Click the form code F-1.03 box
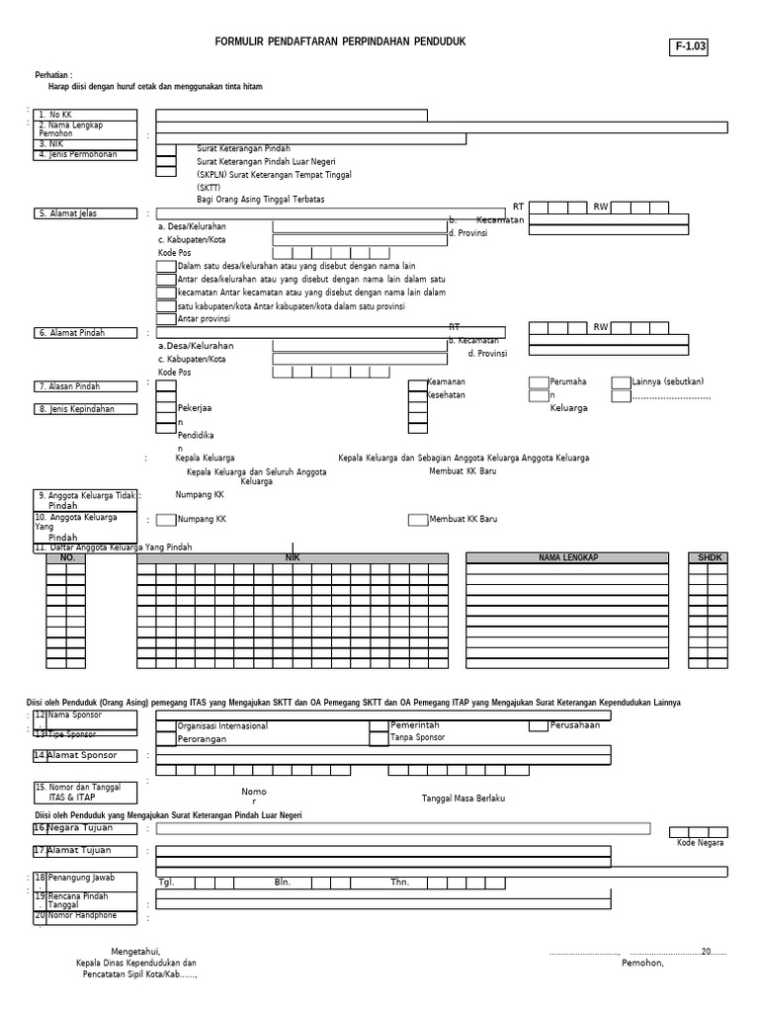click(x=691, y=46)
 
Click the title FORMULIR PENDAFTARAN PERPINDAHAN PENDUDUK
click(x=340, y=42)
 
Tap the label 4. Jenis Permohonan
click(x=78, y=154)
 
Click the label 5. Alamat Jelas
click(x=74, y=213)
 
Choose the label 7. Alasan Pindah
click(x=75, y=386)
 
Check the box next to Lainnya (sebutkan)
click(x=621, y=382)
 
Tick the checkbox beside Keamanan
click(x=416, y=382)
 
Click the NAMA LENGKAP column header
click(x=568, y=558)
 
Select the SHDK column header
click(x=711, y=558)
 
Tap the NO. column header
click(x=67, y=558)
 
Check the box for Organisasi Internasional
click(x=166, y=725)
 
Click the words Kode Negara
click(x=700, y=842)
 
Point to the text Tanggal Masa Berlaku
click(x=464, y=797)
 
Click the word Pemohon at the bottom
click(x=642, y=963)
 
